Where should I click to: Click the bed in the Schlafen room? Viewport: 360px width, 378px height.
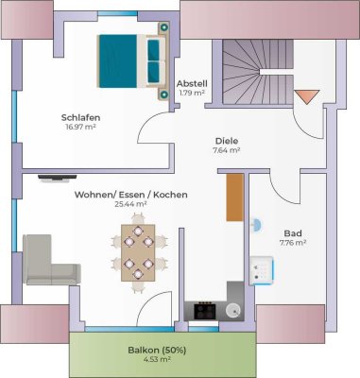point(131,60)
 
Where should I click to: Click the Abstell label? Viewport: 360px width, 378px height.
point(192,83)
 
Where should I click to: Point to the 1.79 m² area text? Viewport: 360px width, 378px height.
point(192,93)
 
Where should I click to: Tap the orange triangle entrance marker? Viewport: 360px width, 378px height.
point(305,95)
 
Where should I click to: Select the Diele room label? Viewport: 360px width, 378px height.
point(226,140)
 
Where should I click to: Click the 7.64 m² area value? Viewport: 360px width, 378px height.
point(226,149)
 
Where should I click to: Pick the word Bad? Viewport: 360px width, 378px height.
point(293,232)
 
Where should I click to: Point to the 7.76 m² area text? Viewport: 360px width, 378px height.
point(293,242)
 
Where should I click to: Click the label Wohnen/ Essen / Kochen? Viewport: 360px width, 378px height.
point(130,194)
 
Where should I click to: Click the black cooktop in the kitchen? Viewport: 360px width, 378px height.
point(205,309)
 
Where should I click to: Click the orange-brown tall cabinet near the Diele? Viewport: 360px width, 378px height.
point(235,198)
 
